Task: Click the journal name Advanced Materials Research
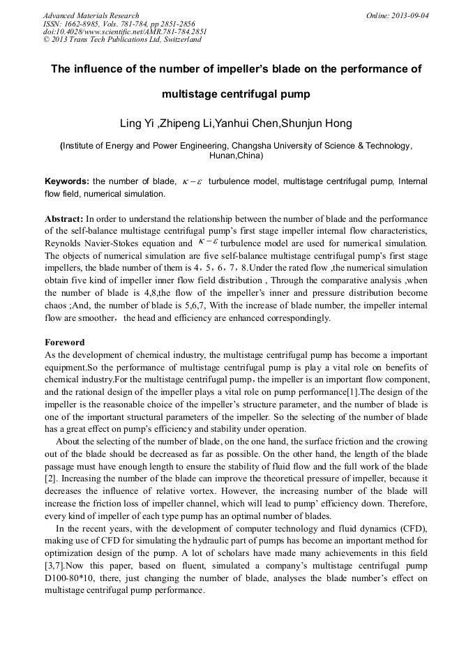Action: [x=91, y=15]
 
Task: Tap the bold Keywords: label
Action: [x=66, y=181]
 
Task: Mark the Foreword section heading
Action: [x=65, y=343]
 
